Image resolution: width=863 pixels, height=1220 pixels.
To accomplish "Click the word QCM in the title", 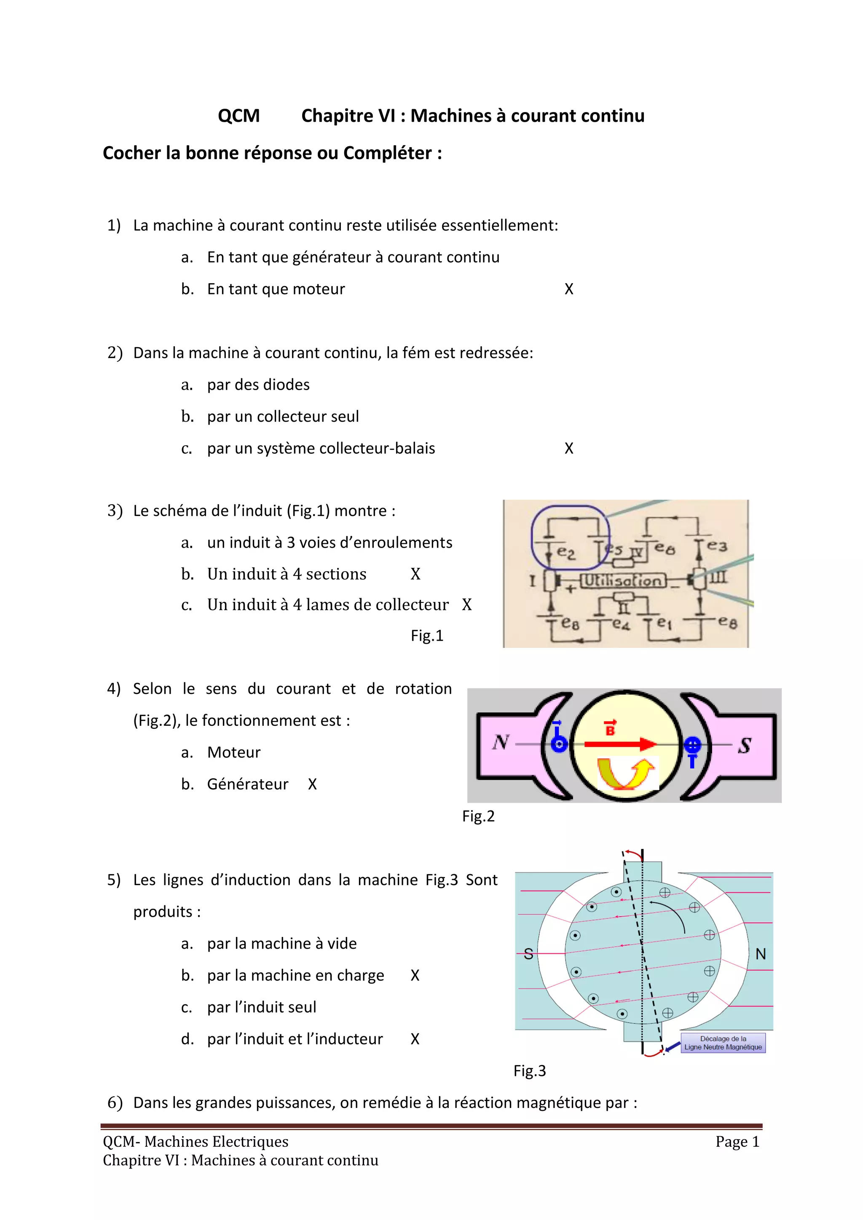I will (239, 116).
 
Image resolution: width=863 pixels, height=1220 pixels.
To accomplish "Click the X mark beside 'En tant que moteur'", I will (568, 289).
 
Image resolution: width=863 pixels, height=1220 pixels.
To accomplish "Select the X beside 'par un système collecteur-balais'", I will (568, 449).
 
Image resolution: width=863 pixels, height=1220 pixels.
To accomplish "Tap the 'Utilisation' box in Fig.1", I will (623, 580).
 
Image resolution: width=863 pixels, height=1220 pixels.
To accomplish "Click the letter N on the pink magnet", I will (501, 742).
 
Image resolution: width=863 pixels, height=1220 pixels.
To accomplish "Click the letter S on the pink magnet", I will (745, 746).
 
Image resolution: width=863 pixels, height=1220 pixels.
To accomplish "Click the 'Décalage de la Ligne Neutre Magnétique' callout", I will (723, 1043).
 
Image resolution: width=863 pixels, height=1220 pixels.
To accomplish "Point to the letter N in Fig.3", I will (761, 954).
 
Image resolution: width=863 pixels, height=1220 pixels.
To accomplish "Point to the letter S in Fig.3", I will (528, 954).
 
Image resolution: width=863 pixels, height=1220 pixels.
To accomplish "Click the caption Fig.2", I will (478, 816).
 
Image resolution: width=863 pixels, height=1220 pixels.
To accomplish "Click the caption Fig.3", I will (529, 1071).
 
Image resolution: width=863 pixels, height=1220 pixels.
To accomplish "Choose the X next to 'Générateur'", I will (313, 784).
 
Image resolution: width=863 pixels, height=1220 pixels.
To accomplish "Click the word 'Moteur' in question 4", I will (234, 752).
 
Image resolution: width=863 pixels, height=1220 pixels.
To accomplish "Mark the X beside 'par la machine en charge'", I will (415, 976).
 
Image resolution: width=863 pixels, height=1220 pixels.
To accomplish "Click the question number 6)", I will (115, 1102).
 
